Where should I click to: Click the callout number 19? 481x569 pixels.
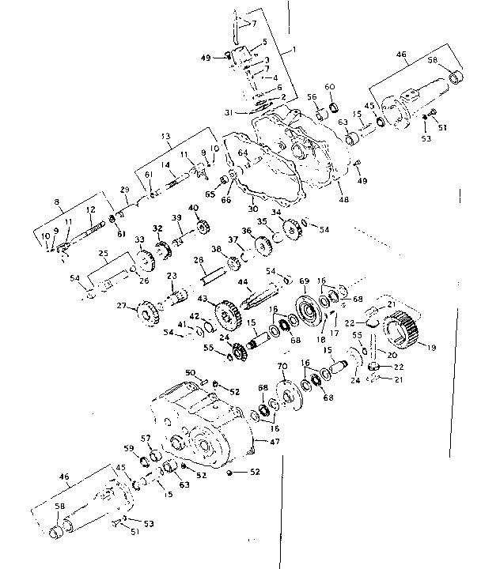(430, 345)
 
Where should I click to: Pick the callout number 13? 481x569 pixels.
(165, 136)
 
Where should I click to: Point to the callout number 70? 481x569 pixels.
(281, 366)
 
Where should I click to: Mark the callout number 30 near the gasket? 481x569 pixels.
(253, 209)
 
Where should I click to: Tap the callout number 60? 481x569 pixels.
(330, 85)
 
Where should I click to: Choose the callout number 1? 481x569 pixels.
(294, 49)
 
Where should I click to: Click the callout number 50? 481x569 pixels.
(189, 372)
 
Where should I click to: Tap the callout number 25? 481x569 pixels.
(102, 253)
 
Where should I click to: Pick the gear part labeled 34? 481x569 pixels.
(290, 230)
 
